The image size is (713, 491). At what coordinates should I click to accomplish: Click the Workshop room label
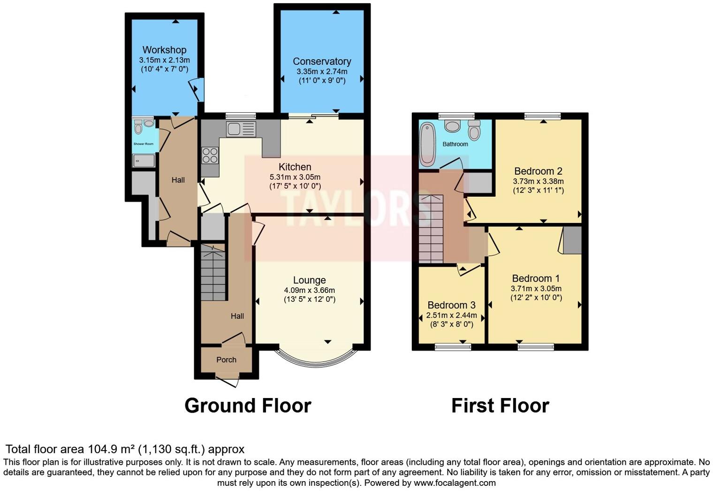[x=164, y=50]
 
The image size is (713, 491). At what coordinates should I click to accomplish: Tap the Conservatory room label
[x=322, y=61]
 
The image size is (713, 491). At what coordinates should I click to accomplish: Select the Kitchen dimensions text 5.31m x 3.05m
[x=295, y=177]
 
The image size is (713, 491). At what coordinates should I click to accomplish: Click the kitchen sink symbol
[x=241, y=129]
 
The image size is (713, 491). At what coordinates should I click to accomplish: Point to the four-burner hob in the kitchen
[x=210, y=155]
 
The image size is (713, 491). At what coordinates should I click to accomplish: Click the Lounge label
[x=309, y=280]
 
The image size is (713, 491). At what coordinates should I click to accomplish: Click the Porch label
[x=226, y=360]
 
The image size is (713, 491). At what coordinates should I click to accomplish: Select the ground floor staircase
[x=213, y=273]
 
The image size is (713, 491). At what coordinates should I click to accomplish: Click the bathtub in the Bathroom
[x=427, y=144]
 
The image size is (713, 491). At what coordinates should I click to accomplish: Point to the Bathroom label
[x=455, y=144]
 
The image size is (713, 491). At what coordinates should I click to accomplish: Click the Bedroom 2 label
[x=538, y=171]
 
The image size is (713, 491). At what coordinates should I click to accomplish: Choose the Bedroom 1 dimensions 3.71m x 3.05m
[x=536, y=289]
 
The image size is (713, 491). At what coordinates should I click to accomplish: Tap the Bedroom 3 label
[x=451, y=305]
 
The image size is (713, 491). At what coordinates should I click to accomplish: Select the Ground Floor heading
[x=248, y=406]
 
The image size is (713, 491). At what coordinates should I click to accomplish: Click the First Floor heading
[x=500, y=406]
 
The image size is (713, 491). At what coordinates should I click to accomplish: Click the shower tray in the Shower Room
[x=144, y=161]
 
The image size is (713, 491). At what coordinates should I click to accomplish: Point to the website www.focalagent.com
[x=454, y=483]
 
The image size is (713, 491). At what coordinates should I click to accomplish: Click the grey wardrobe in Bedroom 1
[x=572, y=240]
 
